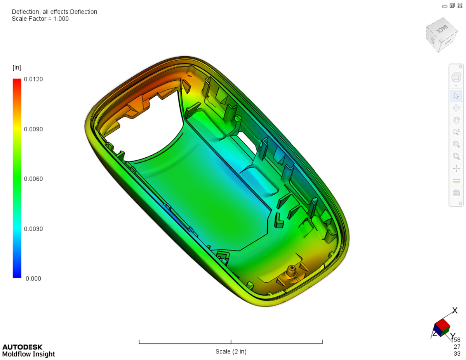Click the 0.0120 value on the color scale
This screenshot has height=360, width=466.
click(x=34, y=79)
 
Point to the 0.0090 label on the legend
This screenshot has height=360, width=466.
click(x=34, y=129)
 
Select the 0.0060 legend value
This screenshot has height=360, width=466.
click(x=34, y=179)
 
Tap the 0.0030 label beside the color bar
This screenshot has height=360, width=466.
click(x=34, y=229)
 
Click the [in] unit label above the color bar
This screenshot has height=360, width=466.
click(x=17, y=68)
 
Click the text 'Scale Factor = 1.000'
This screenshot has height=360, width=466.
click(x=40, y=19)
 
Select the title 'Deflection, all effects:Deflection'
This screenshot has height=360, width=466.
click(x=54, y=12)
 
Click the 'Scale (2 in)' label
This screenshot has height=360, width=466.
click(x=231, y=351)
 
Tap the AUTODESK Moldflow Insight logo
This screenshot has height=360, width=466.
click(x=28, y=350)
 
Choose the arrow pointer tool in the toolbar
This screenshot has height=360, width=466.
click(x=456, y=96)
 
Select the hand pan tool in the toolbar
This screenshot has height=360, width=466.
click(x=456, y=120)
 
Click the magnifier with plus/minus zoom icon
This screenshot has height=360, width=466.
click(x=456, y=132)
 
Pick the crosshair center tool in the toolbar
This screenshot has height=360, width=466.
click(x=456, y=169)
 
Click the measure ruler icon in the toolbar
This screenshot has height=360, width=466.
click(x=456, y=181)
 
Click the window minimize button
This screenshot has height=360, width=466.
click(x=445, y=6)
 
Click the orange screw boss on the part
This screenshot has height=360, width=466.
click(x=290, y=270)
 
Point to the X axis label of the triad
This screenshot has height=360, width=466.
click(x=454, y=310)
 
